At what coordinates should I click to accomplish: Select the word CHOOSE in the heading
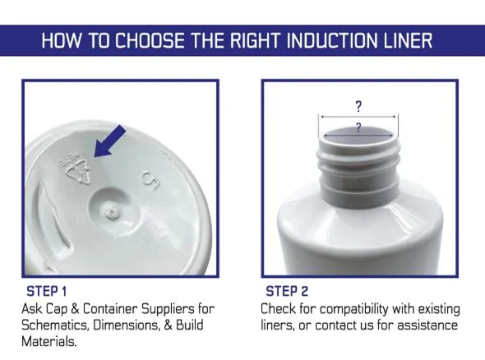click(x=150, y=40)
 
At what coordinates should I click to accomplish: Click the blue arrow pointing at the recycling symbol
click(x=109, y=141)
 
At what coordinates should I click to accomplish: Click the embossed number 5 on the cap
click(x=150, y=180)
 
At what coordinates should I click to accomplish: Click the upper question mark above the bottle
click(x=358, y=106)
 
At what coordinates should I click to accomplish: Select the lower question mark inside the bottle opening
click(x=358, y=127)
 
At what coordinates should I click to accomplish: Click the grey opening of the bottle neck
click(x=358, y=136)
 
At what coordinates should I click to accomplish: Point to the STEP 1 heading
click(x=47, y=291)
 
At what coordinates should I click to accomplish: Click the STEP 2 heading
click(x=287, y=291)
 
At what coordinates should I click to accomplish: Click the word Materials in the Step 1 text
click(x=48, y=342)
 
